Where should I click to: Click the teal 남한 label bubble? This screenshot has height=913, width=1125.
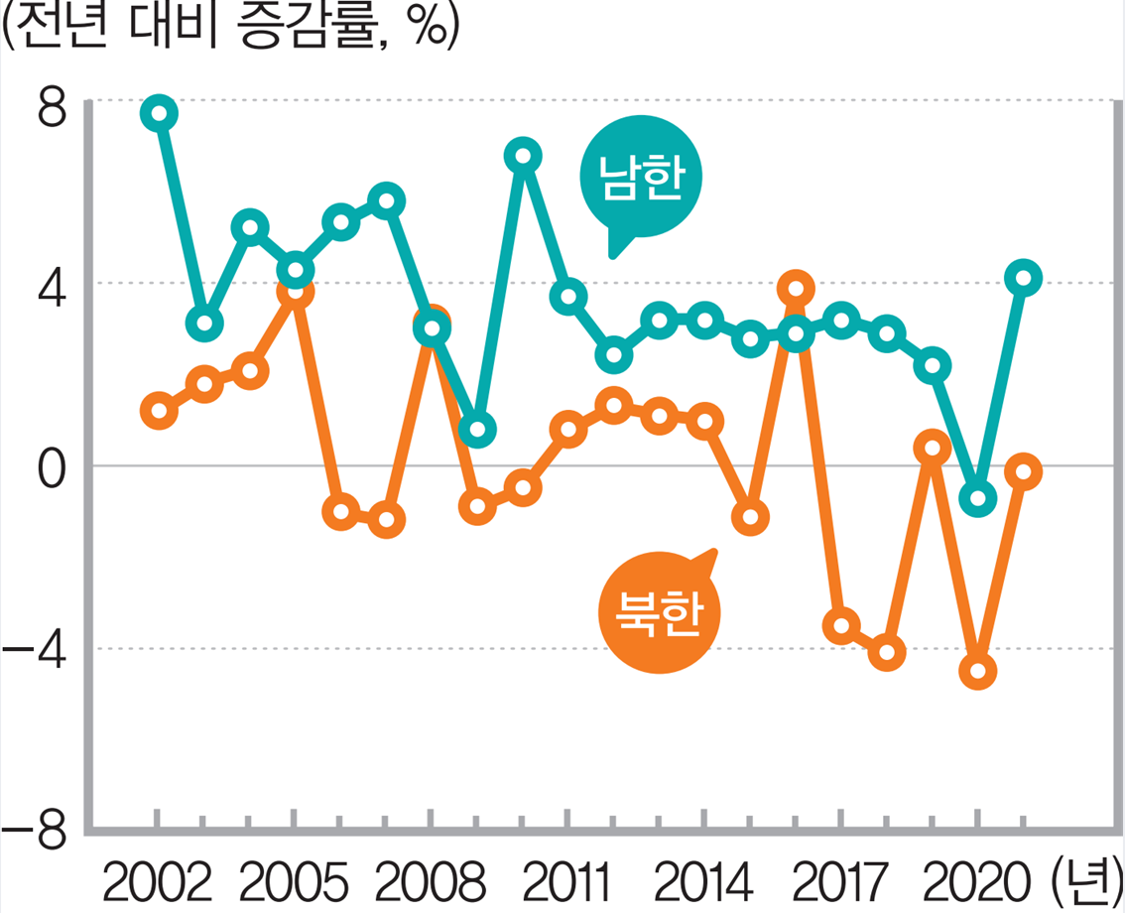[x=641, y=178]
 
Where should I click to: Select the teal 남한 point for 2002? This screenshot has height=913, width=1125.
[x=159, y=113]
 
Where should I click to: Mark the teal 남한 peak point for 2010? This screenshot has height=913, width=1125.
[x=523, y=156]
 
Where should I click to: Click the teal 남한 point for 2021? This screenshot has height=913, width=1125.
[x=1023, y=279]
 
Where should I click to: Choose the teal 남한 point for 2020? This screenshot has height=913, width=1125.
[x=978, y=498]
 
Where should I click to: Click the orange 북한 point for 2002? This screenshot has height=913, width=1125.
[x=159, y=410]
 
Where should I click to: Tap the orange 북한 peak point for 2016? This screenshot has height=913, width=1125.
[x=796, y=290]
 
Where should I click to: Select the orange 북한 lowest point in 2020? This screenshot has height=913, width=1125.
[x=978, y=672]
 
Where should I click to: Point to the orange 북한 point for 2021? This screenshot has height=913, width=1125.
[x=1023, y=471]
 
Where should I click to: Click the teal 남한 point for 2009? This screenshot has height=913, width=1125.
[x=477, y=430]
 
